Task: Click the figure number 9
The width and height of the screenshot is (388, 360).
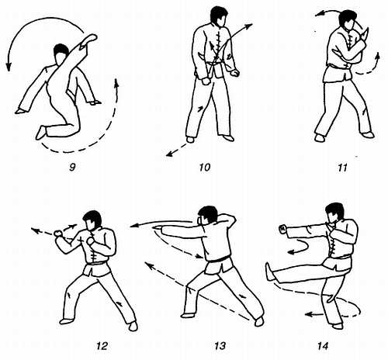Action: pos(72,168)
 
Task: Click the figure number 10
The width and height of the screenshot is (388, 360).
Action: pos(205,168)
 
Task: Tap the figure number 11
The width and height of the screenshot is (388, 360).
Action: pos(342,168)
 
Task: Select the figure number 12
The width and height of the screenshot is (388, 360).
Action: pos(102,346)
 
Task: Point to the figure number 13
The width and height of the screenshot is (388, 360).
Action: pos(220,346)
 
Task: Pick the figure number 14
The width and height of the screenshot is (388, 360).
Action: pos(324,346)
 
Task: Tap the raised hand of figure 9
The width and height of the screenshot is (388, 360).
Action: pos(89,39)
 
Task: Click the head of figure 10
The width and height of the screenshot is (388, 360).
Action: pos(219,16)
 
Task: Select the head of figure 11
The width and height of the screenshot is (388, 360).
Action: pos(348,21)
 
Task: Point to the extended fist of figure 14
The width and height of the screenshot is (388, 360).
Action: pos(282,229)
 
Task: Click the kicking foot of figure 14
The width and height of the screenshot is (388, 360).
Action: pos(270,272)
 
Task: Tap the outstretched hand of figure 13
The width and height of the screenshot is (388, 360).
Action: pos(158,228)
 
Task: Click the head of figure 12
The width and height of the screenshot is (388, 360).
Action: pos(92,220)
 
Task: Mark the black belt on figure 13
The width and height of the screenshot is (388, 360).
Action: pos(218,258)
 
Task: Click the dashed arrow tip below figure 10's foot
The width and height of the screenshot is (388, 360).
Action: pos(168,154)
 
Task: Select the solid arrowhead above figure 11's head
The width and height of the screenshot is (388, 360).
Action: pos(318,15)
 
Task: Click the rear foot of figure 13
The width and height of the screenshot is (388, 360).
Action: pos(258,321)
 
